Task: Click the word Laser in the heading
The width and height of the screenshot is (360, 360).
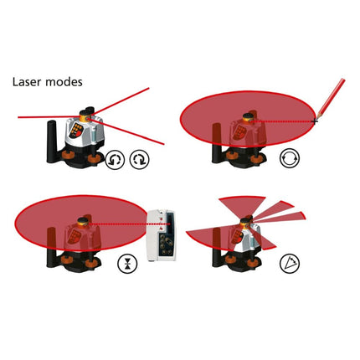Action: tap(28, 83)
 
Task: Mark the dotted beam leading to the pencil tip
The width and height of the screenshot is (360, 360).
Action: tap(285, 122)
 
